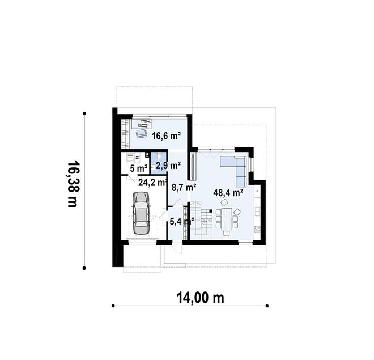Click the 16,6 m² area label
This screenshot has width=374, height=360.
point(166,136)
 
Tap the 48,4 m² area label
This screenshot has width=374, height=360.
point(228,193)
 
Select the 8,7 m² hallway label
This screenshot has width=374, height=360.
point(184,188)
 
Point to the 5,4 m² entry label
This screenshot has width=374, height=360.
point(182,222)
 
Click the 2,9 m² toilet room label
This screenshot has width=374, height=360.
point(168,165)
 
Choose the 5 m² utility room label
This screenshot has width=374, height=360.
point(139,169)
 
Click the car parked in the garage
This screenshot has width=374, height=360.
point(141,213)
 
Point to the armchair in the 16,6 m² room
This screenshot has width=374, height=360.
point(141,133)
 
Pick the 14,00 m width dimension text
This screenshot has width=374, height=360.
point(201,298)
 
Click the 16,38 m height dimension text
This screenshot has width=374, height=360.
point(73,184)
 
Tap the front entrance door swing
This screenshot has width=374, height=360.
point(178,248)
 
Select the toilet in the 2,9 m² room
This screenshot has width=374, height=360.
point(159,156)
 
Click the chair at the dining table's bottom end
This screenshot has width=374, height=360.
point(227,233)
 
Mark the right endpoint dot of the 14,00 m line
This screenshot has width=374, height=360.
point(267,306)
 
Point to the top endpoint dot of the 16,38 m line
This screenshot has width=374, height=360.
point(84,113)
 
